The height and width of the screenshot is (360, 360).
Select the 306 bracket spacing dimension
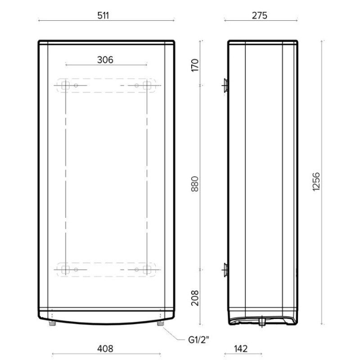pyautogui.click(x=105, y=59)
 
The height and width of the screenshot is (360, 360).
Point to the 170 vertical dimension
pyautogui.click(x=195, y=65)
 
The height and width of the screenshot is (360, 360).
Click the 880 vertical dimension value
pyautogui.click(x=195, y=182)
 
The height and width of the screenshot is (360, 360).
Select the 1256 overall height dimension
pyautogui.click(x=316, y=182)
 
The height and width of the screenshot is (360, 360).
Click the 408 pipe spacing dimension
pyautogui.click(x=105, y=349)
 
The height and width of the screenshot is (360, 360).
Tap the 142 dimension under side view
pyautogui.click(x=241, y=349)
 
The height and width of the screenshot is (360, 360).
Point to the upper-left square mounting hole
pyautogui.click(x=65, y=85)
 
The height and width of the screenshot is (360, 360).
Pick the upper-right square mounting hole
pyautogui.click(x=146, y=85)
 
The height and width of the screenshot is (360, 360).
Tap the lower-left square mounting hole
pyautogui.click(x=65, y=269)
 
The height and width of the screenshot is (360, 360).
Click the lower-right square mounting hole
pyautogui.click(x=146, y=269)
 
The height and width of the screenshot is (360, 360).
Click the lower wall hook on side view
pyautogui.click(x=225, y=270)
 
